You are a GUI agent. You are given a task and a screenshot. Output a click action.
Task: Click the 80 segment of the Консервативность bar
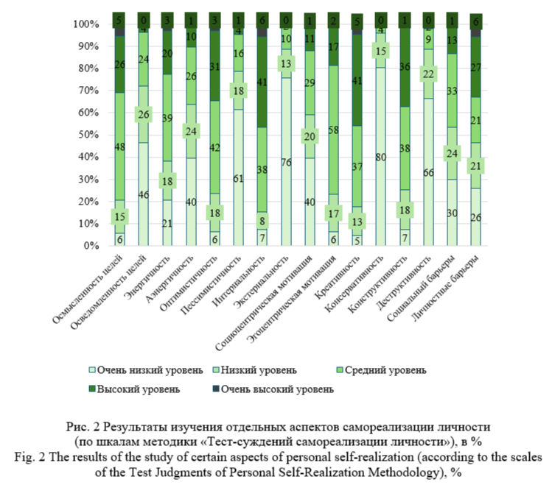click(x=380, y=156)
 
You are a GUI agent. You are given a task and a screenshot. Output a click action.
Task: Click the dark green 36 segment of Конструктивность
click(x=404, y=66)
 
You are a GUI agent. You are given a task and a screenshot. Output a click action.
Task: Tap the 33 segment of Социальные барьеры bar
click(x=452, y=91)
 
